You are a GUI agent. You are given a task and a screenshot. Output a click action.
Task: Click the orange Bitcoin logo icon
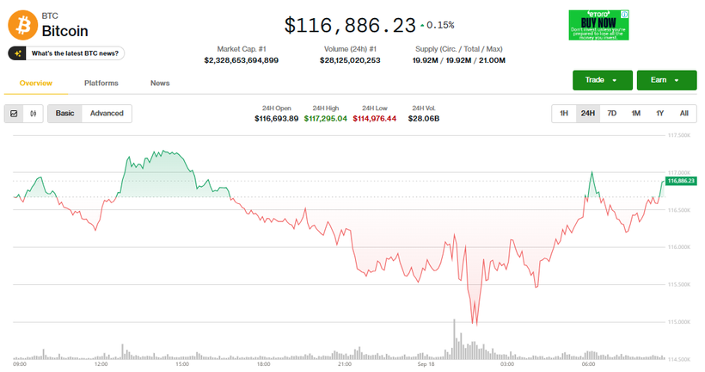22,24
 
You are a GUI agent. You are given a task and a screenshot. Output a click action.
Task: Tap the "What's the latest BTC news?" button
66,53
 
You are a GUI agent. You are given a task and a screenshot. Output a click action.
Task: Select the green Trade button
602,80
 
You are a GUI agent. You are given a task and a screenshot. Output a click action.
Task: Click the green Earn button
665,80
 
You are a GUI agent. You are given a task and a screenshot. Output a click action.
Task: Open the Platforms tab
101,84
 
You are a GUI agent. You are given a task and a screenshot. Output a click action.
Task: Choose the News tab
160,84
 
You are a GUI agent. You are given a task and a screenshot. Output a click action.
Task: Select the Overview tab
36,84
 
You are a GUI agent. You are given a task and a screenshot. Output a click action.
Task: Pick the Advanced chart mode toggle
107,114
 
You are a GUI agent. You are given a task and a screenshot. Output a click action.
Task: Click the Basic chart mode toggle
64,114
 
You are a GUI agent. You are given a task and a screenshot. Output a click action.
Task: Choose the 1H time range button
564,114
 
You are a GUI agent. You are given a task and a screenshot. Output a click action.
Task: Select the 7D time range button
612,114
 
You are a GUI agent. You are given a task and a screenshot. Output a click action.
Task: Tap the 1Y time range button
660,114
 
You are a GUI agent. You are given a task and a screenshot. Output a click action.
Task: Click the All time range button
684,114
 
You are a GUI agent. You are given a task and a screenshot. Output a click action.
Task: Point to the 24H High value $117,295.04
326,118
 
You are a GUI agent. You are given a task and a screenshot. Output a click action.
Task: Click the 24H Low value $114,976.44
375,118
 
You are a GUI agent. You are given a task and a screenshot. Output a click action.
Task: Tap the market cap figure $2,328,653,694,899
242,61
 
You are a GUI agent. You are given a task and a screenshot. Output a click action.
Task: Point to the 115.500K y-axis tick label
679,284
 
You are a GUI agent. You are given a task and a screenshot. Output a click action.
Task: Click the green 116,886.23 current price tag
681,181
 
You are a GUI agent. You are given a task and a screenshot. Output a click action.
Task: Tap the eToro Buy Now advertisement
599,25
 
